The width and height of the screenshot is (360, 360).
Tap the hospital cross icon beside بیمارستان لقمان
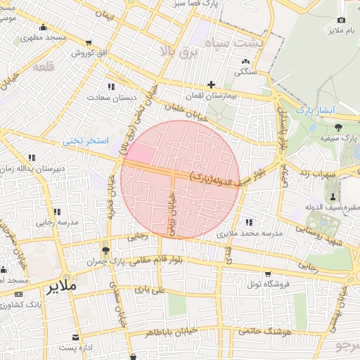click(x=211, y=84)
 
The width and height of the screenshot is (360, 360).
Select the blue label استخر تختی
click(x=86, y=141)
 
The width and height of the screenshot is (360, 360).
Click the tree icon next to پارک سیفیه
click(x=338, y=127)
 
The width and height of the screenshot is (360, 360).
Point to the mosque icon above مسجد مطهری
click(x=44, y=27)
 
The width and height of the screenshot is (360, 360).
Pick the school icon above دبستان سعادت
click(x=110, y=86)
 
